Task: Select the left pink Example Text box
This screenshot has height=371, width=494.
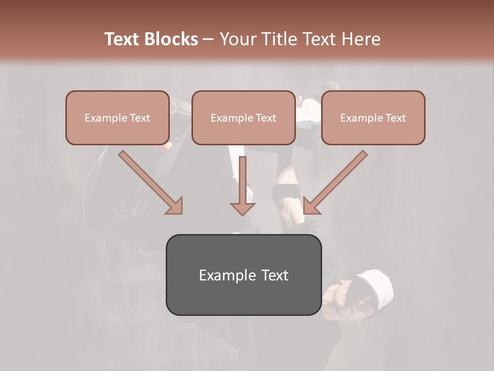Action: click(117, 117)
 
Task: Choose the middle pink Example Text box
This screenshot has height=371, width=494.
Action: click(243, 117)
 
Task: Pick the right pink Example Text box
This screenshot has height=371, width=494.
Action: click(373, 117)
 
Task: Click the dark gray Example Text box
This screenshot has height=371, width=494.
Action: click(243, 275)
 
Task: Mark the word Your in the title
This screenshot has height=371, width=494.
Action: click(239, 39)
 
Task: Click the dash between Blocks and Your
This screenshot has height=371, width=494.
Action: click(208, 40)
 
